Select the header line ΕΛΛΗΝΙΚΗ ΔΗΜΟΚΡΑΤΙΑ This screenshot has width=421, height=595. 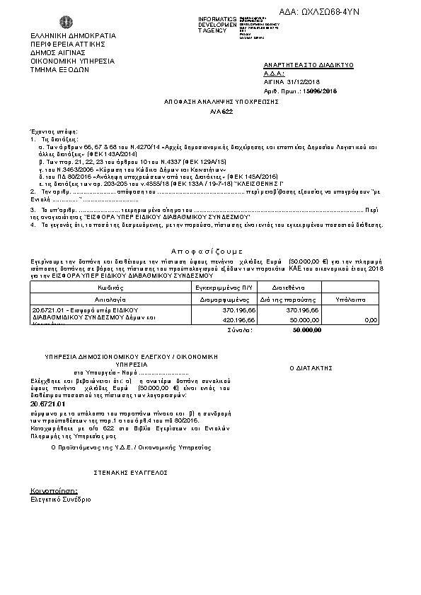[x=63, y=35]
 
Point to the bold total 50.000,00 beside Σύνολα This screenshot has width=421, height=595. [x=306, y=329]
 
